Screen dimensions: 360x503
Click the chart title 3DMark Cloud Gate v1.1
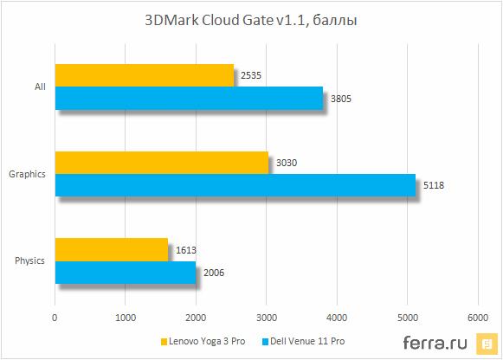point(251,19)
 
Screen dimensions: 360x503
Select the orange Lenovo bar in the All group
point(144,75)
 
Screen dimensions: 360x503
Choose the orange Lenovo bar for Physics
point(111,250)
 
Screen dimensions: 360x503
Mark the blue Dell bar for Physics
point(125,272)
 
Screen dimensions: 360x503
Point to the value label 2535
point(250,76)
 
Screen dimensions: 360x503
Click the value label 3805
point(340,98)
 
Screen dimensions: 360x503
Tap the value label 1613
point(185,250)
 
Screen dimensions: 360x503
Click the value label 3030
point(285,163)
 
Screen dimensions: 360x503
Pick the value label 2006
point(213,272)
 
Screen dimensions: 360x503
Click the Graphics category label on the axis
point(28,174)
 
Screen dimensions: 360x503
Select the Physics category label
point(30,260)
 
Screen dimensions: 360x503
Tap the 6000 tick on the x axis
point(477,317)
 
